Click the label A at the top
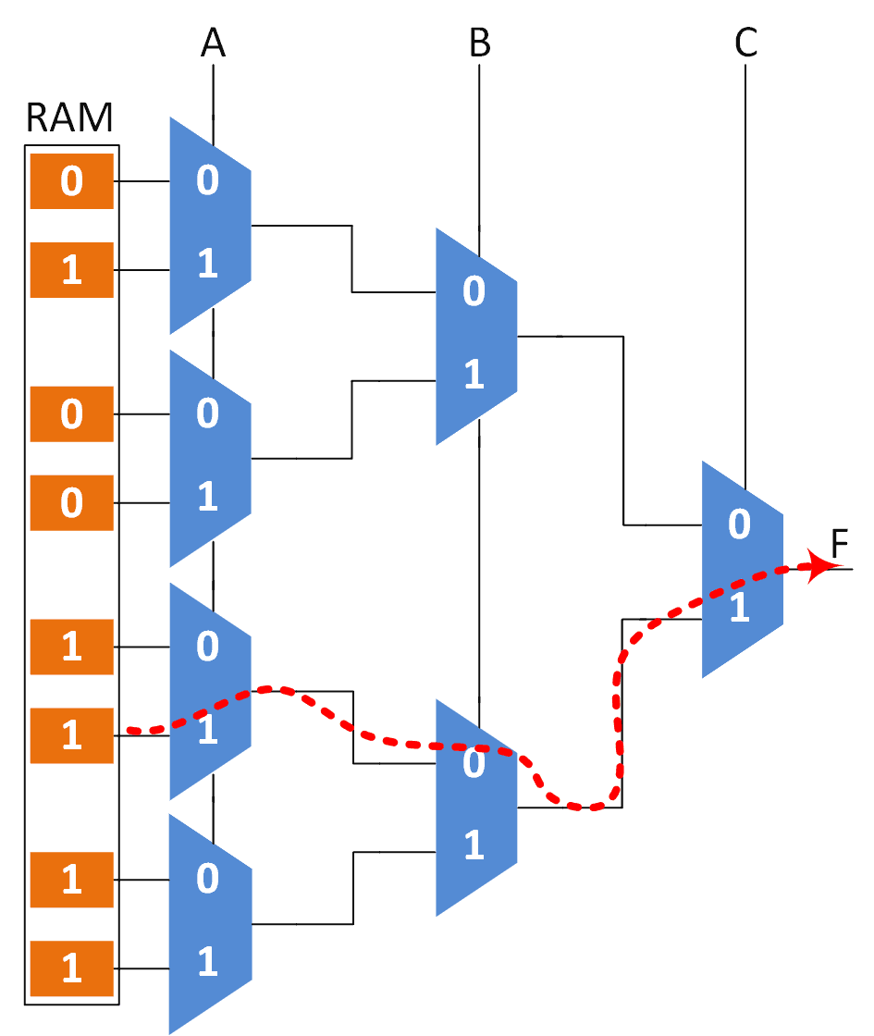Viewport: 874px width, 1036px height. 214,44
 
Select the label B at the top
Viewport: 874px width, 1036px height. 479,44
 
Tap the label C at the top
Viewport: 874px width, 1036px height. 745,44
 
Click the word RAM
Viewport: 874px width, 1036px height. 70,118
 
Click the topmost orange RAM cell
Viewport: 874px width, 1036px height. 72,181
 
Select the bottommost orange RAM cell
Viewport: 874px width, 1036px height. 72,968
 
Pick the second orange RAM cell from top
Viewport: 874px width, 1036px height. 72,270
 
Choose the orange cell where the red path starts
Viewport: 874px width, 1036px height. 72,735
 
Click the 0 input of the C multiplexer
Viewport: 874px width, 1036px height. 739,524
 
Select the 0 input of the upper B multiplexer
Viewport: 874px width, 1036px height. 474,291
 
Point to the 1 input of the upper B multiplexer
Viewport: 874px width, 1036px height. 474,376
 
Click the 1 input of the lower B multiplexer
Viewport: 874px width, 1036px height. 474,845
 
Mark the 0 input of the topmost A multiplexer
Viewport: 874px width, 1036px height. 208,181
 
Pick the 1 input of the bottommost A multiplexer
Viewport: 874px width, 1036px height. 208,962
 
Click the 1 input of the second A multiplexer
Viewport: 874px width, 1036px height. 208,498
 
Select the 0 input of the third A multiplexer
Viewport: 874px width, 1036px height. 208,646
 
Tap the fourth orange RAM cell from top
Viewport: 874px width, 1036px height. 72,502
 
